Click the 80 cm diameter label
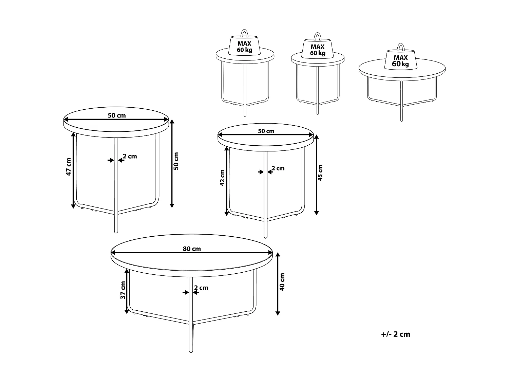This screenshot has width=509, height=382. pos(192,249)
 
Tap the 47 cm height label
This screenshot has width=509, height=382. pos(69,167)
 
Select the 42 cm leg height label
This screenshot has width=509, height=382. pos(222,178)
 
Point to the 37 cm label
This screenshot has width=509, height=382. pos(123,290)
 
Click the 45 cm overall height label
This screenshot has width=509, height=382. pos(321,173)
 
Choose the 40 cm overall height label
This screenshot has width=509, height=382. pos(282,282)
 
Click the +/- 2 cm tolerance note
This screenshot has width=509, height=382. pos(395,334)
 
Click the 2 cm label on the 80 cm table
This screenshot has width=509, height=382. pos(201,288)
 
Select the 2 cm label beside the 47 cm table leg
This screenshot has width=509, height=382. pos(130,156)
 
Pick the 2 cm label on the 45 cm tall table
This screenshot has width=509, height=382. pos(278,168)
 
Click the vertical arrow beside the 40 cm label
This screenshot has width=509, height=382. pos(278,284)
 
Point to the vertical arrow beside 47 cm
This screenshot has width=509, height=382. pos(73,170)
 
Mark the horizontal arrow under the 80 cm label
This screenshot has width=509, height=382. pos(192,253)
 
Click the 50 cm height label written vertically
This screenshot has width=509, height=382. pos(176,161)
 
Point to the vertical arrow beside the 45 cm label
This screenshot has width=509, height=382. pos(316,175)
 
